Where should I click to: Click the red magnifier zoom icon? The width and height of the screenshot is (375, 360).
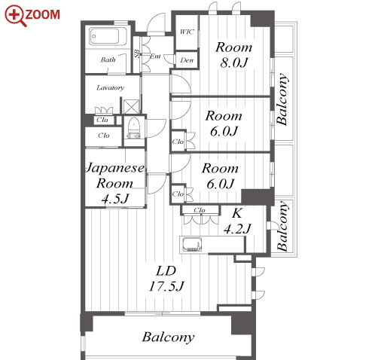[x=16, y=15]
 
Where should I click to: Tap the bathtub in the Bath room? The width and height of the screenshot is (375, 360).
[x=105, y=36]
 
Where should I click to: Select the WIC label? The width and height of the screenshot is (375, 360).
[x=187, y=32]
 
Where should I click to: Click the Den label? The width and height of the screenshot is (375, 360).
[x=187, y=60]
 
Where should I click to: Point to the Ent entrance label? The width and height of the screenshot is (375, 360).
[x=155, y=56]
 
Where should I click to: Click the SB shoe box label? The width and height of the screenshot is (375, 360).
[x=137, y=53]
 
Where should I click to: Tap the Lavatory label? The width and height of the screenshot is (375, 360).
[x=111, y=87]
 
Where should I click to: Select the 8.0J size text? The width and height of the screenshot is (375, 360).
[x=234, y=62]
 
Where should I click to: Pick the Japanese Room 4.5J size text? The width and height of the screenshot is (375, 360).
[x=115, y=199]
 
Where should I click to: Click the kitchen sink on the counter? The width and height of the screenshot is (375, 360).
[x=192, y=245]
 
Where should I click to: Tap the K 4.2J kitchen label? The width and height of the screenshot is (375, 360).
[x=237, y=221]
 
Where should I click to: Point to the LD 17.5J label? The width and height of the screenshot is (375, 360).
[x=166, y=279]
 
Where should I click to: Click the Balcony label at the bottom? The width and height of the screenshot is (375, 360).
[x=168, y=337]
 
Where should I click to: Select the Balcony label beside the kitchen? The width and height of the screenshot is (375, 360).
[x=282, y=226]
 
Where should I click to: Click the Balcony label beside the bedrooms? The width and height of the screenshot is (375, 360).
[x=282, y=99]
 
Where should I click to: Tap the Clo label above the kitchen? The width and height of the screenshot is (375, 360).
[x=200, y=210]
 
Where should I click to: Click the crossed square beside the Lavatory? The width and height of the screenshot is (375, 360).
[x=132, y=107]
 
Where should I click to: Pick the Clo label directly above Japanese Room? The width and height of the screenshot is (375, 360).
[x=104, y=136]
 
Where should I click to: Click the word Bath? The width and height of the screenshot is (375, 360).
[x=108, y=59]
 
